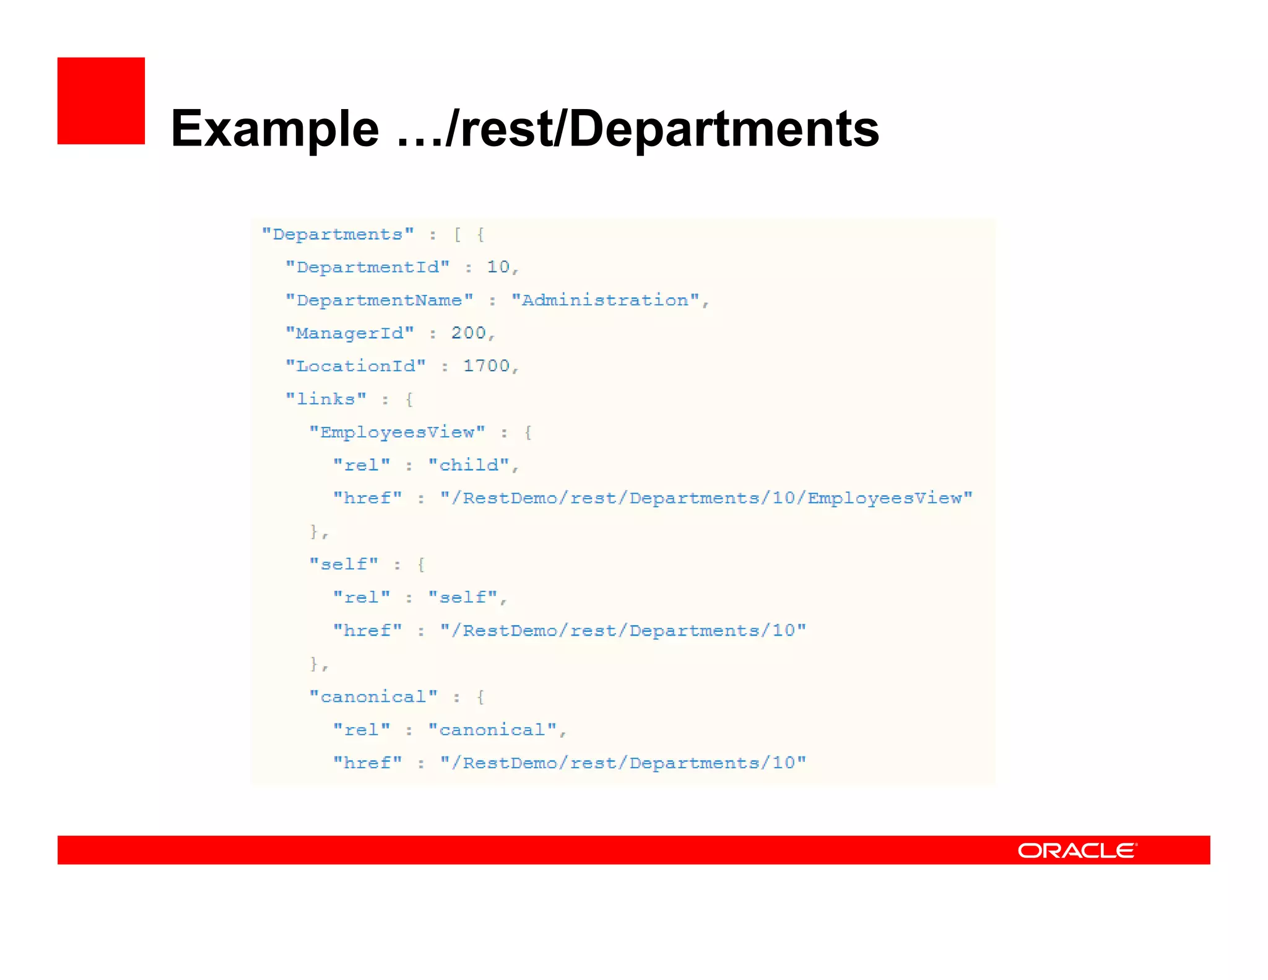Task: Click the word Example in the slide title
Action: coord(274,129)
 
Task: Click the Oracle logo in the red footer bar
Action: coord(1077,850)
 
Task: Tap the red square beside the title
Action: coord(101,101)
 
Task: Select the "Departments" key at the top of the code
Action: coord(337,235)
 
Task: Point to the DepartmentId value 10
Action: coord(498,267)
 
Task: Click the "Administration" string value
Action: coord(605,300)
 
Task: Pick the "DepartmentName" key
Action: coord(379,300)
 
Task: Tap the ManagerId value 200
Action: coord(468,333)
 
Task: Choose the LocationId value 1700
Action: coord(486,366)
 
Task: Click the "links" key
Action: coord(326,399)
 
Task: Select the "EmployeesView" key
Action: coord(397,432)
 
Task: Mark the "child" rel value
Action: coord(469,465)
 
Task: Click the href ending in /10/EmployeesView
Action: coord(706,498)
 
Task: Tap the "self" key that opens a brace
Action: coord(344,564)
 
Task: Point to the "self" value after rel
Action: coord(462,597)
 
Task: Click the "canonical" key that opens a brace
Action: coord(373,697)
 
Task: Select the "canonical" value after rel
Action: coord(492,730)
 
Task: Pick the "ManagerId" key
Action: coord(349,333)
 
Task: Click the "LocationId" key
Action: coord(355,366)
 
